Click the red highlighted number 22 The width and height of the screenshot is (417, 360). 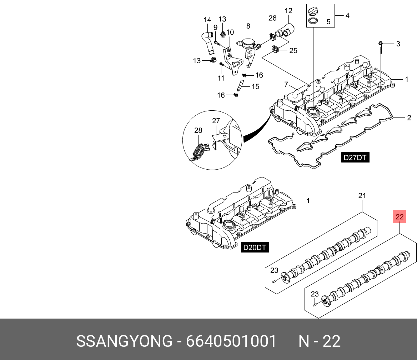[400, 216]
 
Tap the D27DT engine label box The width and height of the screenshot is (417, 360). [355, 157]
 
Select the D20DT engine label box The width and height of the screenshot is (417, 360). [255, 247]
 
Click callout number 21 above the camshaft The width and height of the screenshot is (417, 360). [362, 195]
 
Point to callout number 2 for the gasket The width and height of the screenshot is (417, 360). [409, 117]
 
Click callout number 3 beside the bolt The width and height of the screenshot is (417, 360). [398, 44]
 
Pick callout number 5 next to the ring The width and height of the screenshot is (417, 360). [328, 21]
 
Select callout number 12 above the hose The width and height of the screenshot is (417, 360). [288, 11]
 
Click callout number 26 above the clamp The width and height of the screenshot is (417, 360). [272, 18]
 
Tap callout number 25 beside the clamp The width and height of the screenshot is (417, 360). [293, 50]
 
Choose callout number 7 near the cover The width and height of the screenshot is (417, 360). [286, 84]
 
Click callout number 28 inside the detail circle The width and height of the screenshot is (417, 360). [198, 130]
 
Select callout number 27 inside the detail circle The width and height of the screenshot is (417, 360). [216, 121]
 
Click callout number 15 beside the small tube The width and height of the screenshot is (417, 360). [255, 86]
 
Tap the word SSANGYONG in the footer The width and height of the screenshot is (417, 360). [124, 342]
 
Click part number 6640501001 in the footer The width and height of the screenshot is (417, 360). [231, 342]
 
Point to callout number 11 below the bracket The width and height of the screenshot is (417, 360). [221, 78]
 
